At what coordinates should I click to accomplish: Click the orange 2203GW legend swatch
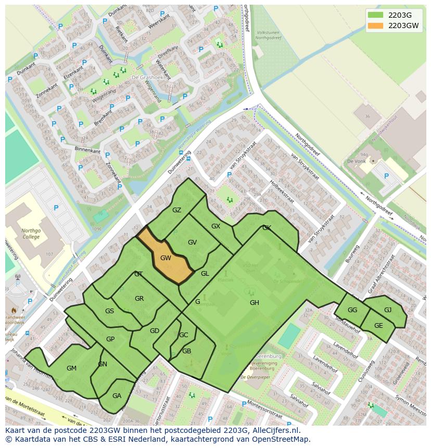click(375, 25)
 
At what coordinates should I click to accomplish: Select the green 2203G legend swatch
click(375, 15)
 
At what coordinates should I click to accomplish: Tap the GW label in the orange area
click(166, 258)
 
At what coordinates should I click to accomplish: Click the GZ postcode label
click(176, 210)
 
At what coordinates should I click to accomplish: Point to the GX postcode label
click(215, 226)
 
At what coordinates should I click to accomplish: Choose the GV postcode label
click(192, 242)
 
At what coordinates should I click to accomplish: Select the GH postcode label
click(254, 303)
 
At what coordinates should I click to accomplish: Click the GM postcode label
click(71, 368)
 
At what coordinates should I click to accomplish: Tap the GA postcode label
click(117, 396)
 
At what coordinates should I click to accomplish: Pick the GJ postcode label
click(388, 310)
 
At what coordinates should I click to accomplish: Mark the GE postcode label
click(378, 326)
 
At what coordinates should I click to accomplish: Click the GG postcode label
click(352, 310)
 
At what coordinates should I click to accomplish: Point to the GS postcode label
click(109, 311)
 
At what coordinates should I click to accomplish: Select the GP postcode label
click(110, 339)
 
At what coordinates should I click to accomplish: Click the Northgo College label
click(31, 234)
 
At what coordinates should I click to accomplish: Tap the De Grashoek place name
click(144, 78)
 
